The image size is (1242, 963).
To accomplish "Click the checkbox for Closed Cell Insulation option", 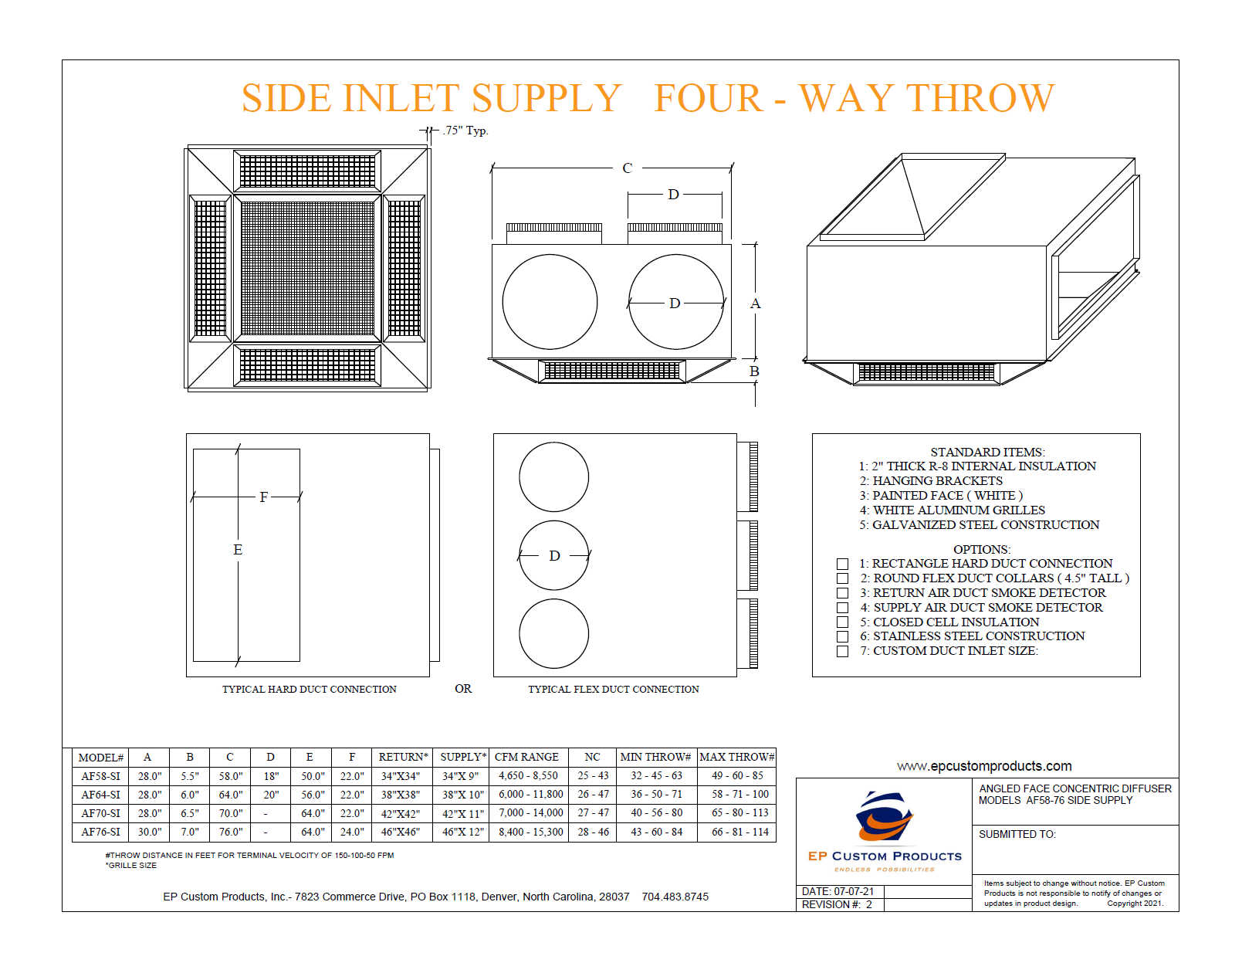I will coord(842,622).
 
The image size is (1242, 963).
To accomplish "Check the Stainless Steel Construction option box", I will coord(842,636).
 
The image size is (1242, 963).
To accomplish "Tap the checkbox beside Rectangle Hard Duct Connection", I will coord(842,564).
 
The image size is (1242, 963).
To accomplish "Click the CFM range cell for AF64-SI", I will coord(530,795).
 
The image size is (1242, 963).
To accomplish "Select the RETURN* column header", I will coord(403,758).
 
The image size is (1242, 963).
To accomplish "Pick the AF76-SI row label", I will coord(100,832).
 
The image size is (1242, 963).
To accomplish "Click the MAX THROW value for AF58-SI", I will coord(736,776).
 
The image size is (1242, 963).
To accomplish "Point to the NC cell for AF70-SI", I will coord(593,813).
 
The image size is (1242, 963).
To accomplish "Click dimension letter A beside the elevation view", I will coord(755,304).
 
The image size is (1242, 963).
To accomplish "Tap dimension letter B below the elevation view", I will coord(754,371).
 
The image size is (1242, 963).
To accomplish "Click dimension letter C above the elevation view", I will coord(627,168).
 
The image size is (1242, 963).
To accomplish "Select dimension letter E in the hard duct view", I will coord(238,550).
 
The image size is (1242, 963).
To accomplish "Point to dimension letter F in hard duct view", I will coord(264,497).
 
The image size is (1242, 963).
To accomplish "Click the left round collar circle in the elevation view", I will coord(550,302).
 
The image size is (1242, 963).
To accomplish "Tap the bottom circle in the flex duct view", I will coord(553,634).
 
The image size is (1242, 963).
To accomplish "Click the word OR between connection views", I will coord(463,689).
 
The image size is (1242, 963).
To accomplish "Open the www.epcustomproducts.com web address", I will coord(984,766).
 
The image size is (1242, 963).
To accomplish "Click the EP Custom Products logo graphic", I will coord(885,819).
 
